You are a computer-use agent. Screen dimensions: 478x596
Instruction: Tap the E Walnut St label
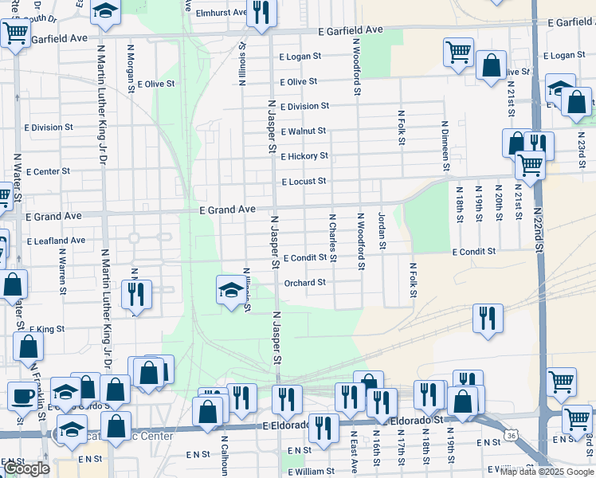[304, 131]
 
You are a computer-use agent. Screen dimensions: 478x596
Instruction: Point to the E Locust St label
[304, 182]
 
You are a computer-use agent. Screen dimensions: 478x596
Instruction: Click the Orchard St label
[304, 282]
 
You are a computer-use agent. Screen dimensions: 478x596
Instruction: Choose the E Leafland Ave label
[56, 241]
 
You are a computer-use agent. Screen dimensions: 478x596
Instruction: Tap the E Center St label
[48, 171]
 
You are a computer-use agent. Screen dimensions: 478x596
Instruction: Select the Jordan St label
[382, 231]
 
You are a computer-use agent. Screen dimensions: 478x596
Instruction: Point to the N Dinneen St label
[445, 146]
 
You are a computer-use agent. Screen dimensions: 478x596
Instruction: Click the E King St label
[46, 329]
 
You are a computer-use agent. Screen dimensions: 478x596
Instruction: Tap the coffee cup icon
[22, 395]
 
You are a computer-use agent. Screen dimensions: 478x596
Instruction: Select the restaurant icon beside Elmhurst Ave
[261, 13]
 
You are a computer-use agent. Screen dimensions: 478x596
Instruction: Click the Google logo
[26, 468]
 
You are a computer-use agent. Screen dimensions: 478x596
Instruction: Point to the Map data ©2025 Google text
[546, 472]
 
